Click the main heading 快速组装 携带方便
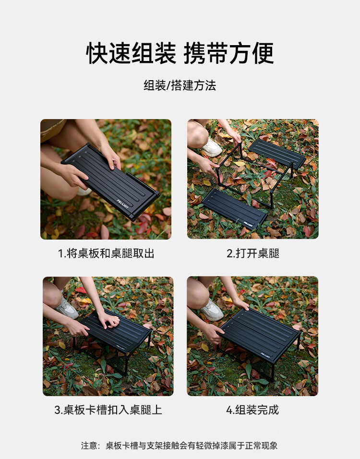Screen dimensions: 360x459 [180, 53]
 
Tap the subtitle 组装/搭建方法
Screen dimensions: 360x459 [180, 85]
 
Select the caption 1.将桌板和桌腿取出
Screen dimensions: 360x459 [106, 254]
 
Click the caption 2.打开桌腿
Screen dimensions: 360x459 [253, 254]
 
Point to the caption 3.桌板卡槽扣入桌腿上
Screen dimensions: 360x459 [108, 410]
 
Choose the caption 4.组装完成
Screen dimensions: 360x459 [252, 410]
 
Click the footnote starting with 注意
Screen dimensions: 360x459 [180, 446]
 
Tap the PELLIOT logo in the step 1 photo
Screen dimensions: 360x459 [122, 204]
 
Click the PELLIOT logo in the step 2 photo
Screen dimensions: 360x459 [248, 225]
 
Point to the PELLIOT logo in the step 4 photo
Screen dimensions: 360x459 [265, 355]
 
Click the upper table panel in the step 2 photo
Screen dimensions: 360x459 [277, 153]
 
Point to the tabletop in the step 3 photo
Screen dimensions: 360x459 [116, 331]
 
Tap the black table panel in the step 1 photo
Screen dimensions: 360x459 [110, 181]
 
